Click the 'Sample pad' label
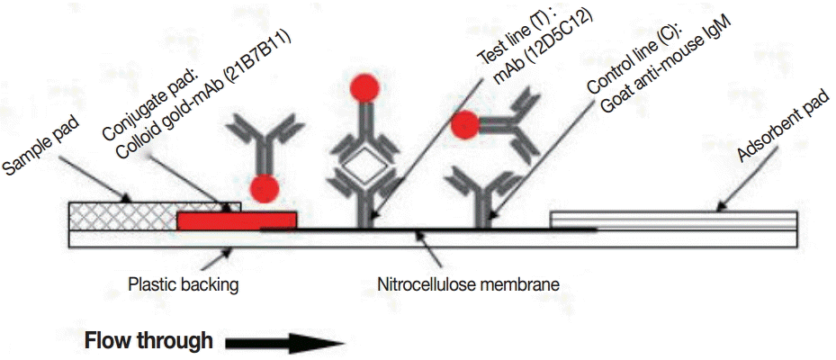(40, 144)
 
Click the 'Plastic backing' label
(183, 285)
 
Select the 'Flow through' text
(148, 341)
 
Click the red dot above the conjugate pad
(264, 189)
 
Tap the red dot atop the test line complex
(365, 87)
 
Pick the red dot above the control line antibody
(465, 127)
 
